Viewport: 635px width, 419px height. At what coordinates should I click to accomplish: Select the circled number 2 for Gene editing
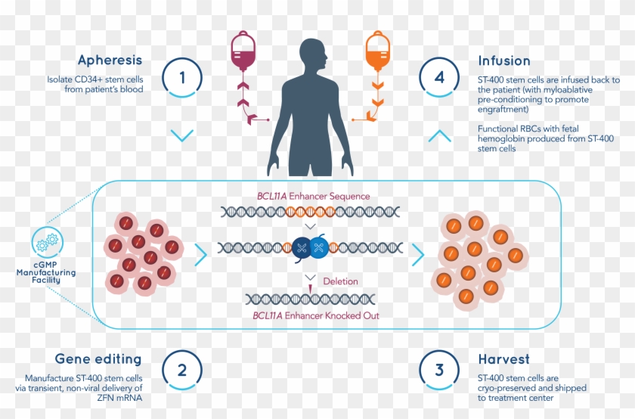pos(181,371)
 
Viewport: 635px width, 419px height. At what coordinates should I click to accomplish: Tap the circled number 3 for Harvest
pos(440,371)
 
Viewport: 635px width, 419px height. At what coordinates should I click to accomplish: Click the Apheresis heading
pos(110,60)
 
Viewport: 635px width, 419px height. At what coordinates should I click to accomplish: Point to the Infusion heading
pos(504,60)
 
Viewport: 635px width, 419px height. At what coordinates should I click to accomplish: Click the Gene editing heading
pos(98,358)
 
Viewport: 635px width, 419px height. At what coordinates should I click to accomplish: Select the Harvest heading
pos(503,358)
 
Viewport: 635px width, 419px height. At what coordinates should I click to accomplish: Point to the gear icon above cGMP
pos(47,242)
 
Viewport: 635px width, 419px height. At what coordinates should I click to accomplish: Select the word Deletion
pos(340,281)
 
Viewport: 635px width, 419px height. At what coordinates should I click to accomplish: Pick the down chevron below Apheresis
pos(181,136)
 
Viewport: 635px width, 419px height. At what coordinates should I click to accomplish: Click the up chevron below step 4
pos(440,136)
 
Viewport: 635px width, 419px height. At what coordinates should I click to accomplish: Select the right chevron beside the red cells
pos(200,255)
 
